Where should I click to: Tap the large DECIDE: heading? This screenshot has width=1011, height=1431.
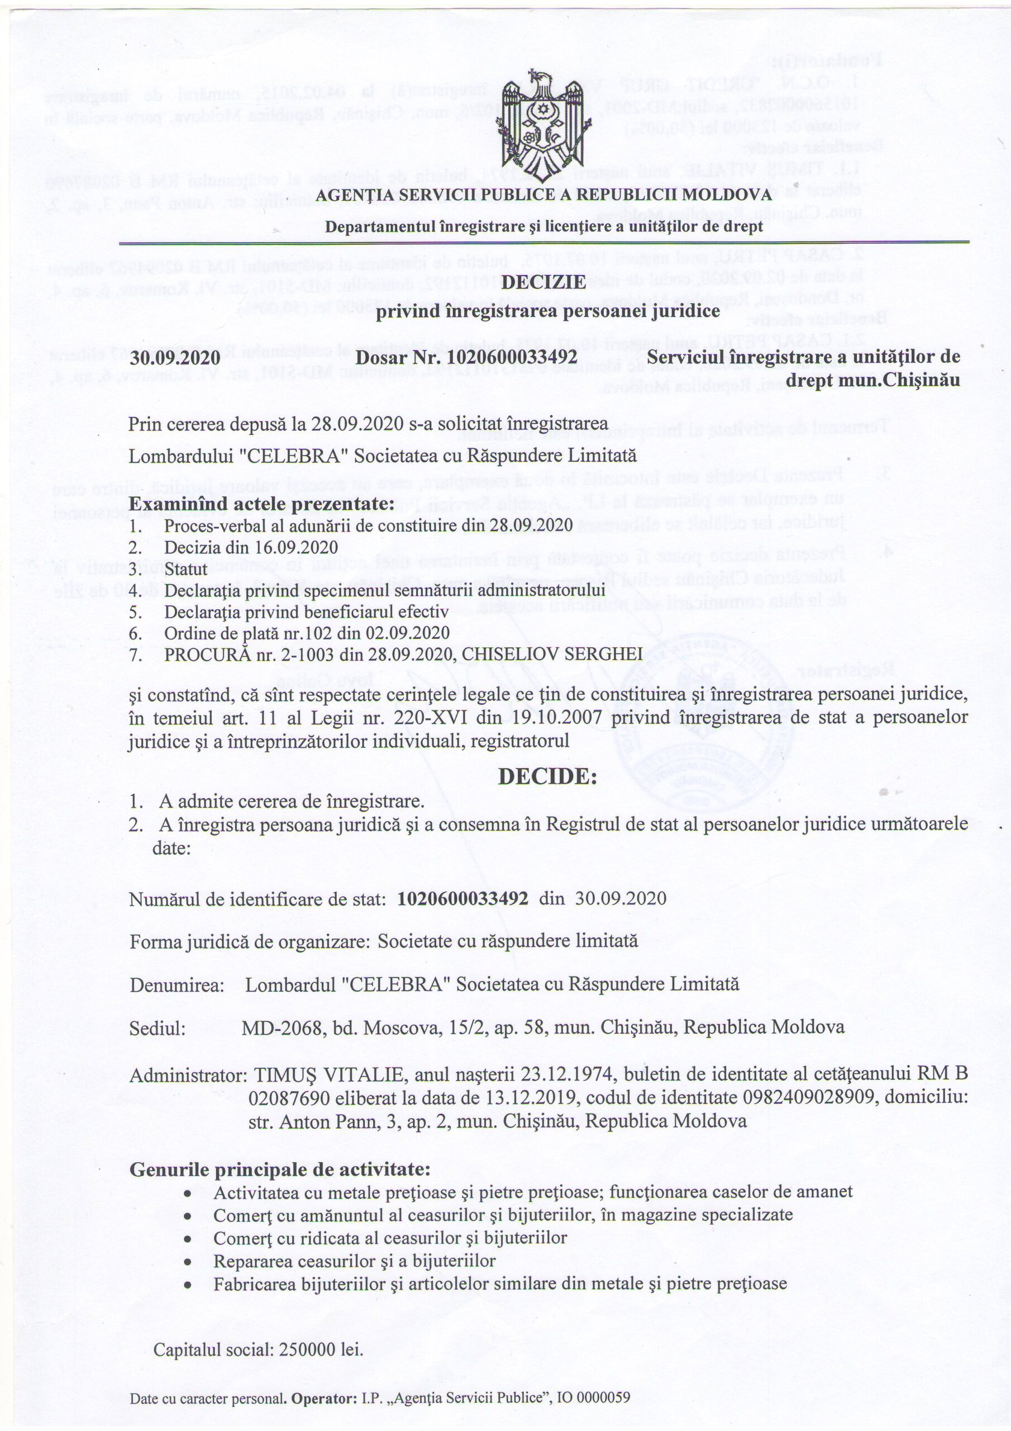coord(547,776)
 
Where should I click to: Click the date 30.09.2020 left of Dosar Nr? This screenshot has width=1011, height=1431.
coord(175,358)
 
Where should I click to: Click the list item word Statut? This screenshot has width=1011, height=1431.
coord(185,569)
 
